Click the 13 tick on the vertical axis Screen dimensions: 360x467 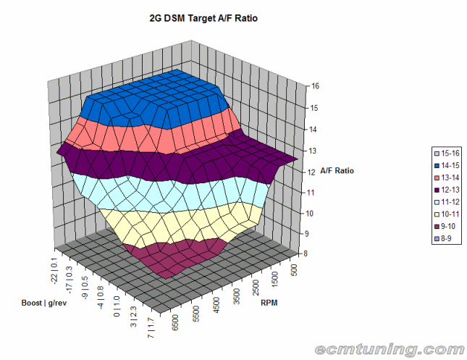click(312, 150)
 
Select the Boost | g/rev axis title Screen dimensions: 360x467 click(40, 302)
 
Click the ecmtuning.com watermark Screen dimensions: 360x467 click(389, 349)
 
